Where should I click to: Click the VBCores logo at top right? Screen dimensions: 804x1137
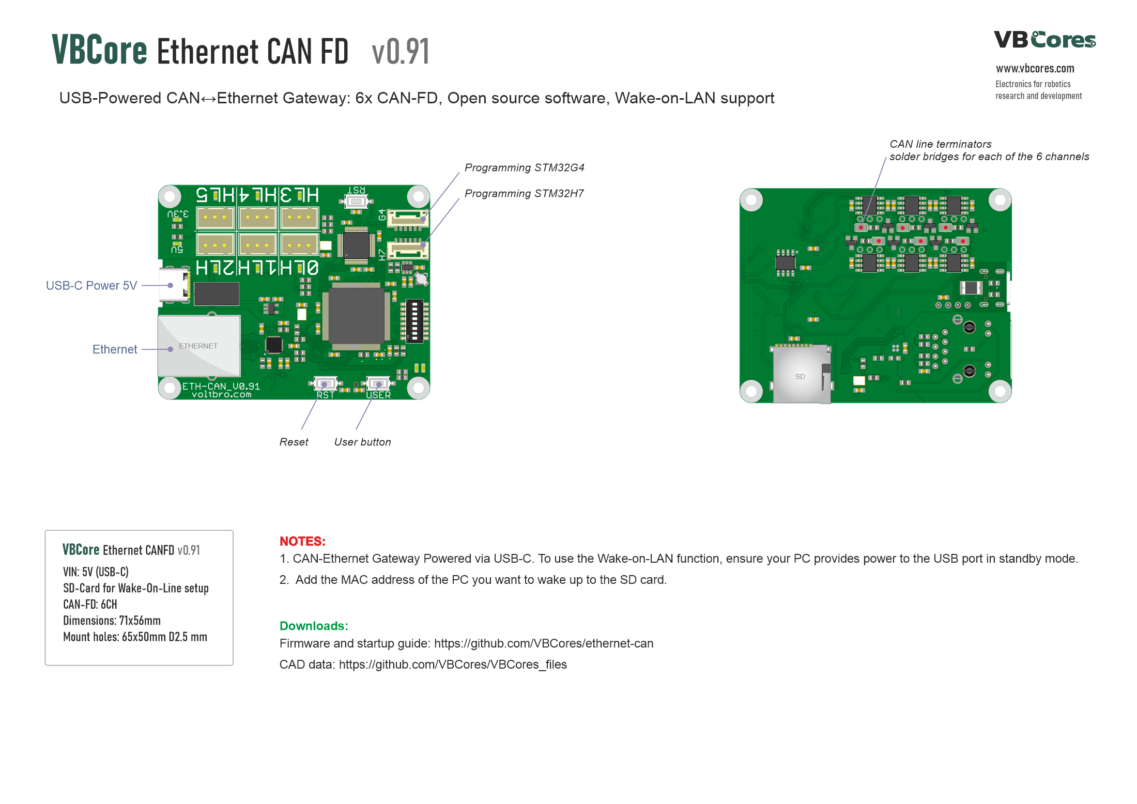1044,40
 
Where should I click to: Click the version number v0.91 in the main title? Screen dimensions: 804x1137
401,52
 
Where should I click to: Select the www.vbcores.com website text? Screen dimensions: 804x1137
1035,69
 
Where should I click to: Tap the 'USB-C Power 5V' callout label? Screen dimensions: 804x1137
91,286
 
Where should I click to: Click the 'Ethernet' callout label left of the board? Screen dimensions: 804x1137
115,350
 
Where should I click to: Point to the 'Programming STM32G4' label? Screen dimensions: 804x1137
524,168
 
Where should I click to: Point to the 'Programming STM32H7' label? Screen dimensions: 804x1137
524,194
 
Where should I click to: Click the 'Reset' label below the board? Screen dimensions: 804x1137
294,442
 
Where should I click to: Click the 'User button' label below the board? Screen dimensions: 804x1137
362,442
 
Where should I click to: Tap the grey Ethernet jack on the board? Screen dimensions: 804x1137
198,346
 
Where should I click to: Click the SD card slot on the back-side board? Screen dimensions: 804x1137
801,375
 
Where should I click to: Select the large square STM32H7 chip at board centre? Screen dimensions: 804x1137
356,315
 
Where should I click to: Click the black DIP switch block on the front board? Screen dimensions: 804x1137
414,321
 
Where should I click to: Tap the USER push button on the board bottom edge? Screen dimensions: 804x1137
378,384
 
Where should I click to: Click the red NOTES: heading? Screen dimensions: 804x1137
302,542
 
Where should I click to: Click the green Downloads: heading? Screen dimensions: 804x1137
314,626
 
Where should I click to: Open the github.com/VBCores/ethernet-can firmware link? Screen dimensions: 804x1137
543,644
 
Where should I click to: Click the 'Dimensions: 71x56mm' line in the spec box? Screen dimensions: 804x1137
112,621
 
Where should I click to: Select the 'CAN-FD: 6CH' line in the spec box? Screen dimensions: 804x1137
90,605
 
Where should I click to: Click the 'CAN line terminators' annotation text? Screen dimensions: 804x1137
940,145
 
